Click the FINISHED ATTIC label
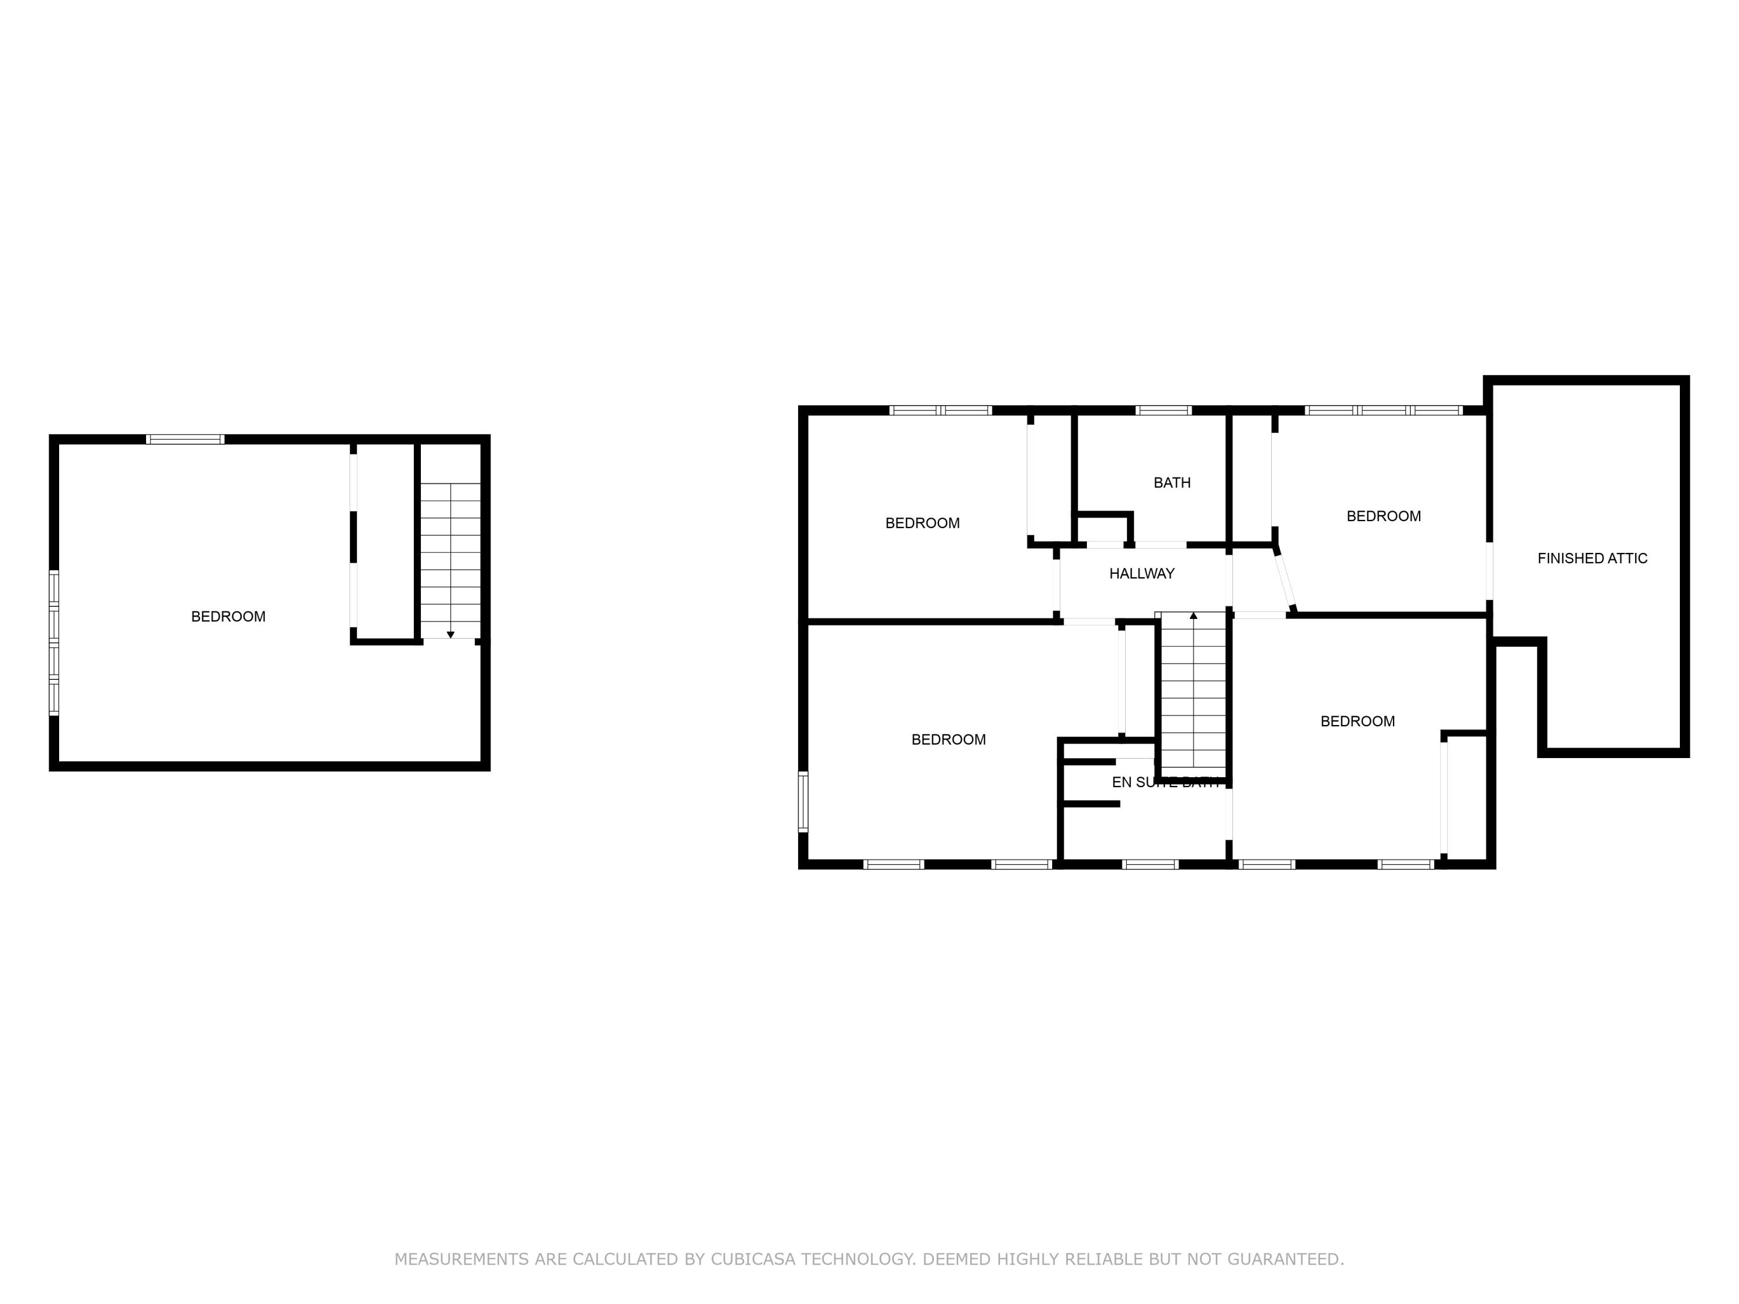tap(1592, 558)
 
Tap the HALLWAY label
tap(1141, 574)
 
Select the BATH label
tap(1172, 483)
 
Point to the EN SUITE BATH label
tap(1165, 782)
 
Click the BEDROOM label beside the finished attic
tap(1384, 516)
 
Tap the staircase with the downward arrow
tap(450, 560)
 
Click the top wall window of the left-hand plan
tap(185, 439)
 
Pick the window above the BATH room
tap(1163, 410)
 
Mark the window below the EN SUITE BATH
tap(1150, 865)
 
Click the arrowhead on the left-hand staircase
tap(450, 634)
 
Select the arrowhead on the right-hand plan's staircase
tap(1194, 615)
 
